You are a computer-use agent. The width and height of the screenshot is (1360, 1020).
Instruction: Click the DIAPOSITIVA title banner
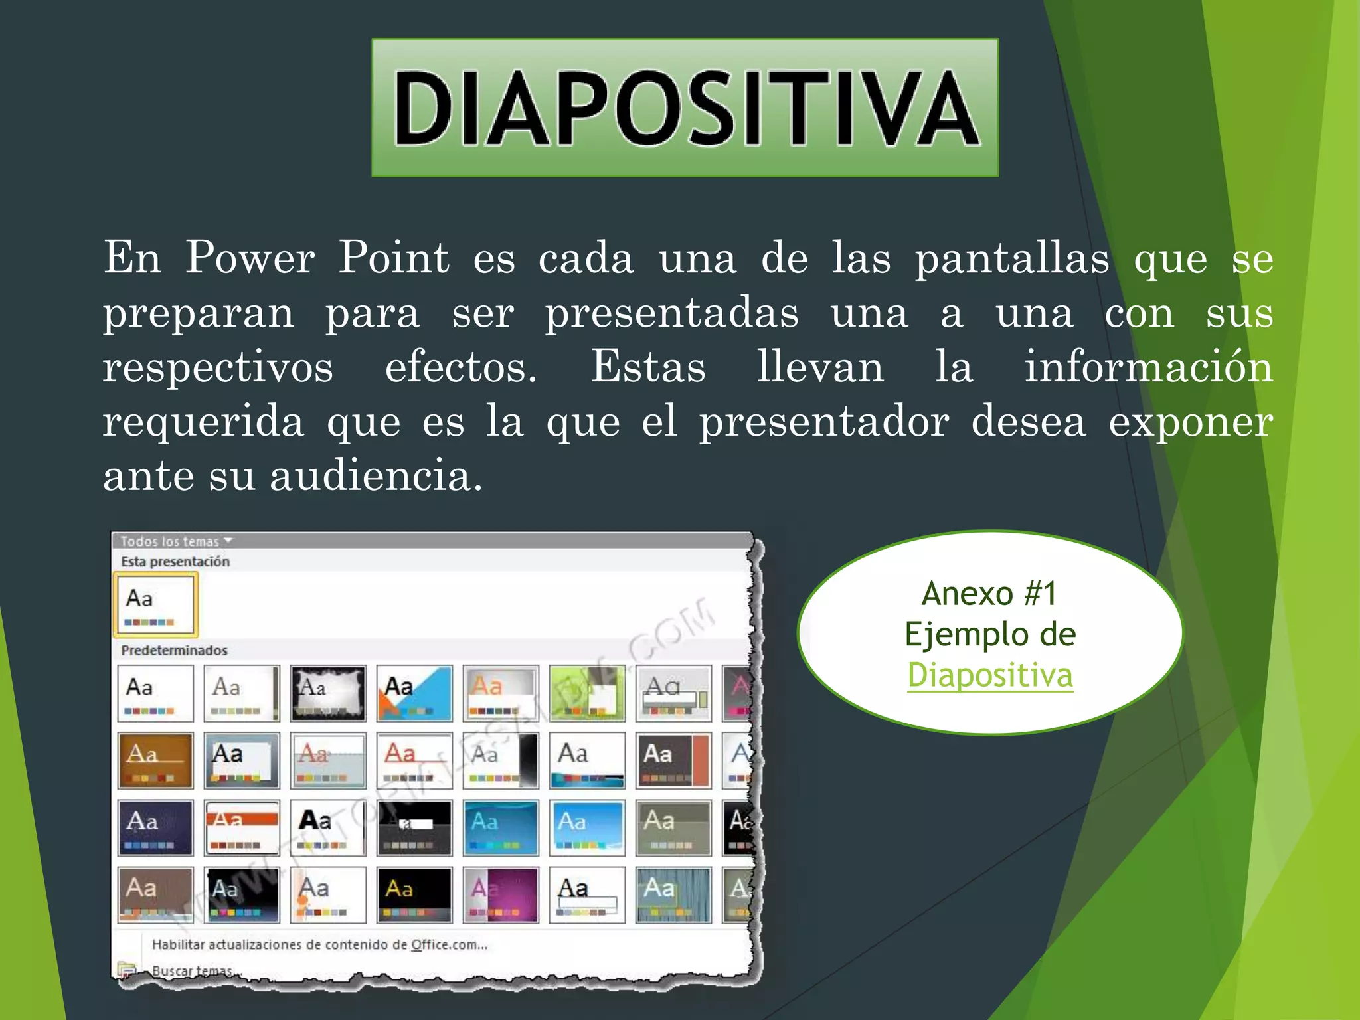click(685, 108)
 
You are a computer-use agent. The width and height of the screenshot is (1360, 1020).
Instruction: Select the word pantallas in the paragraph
click(1012, 258)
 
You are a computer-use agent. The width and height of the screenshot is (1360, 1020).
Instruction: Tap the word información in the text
click(1148, 367)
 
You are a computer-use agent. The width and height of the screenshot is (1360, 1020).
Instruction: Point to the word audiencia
click(375, 476)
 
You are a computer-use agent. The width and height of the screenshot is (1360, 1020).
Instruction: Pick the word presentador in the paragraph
click(824, 422)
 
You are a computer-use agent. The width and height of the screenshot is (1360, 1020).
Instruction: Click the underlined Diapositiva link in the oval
click(989, 675)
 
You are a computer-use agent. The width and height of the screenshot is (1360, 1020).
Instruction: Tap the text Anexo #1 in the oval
click(989, 593)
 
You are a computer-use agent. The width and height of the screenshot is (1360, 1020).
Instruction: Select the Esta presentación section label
click(175, 562)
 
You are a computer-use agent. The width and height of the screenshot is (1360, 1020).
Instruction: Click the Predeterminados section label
click(174, 651)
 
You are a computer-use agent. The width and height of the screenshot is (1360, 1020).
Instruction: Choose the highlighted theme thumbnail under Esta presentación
click(155, 605)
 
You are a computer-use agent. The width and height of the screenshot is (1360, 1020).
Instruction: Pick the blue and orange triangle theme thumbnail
click(414, 693)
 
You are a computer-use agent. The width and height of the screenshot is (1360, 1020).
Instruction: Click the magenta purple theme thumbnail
click(501, 894)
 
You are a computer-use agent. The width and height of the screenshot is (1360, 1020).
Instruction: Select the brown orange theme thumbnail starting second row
click(155, 760)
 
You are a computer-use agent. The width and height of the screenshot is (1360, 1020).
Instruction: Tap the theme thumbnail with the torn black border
click(328, 693)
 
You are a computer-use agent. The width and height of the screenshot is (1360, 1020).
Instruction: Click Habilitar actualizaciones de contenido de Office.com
click(319, 944)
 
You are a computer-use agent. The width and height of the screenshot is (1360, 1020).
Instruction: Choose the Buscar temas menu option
click(192, 970)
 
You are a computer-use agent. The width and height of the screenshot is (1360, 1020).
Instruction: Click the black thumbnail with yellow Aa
click(414, 894)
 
